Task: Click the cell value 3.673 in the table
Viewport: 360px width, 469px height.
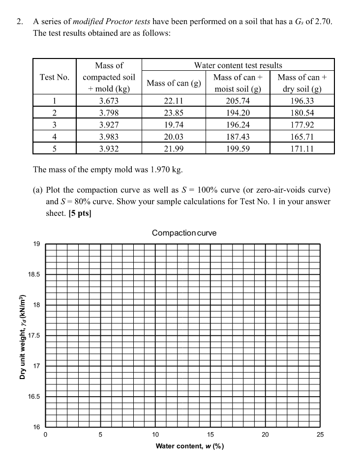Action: coord(109,101)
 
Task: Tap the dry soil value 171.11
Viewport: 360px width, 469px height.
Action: coord(302,148)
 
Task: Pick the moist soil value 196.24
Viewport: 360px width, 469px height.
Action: coord(238,125)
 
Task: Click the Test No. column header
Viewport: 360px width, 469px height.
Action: coord(54,77)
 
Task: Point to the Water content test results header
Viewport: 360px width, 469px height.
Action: coord(238,65)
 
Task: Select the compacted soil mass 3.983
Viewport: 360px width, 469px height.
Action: coord(109,137)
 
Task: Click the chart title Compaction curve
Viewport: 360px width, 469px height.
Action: coord(184,233)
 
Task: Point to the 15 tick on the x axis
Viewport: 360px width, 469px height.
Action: coord(210,435)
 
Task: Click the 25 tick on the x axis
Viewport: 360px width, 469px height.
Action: coord(320,435)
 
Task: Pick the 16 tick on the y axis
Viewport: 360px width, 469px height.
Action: coord(37,427)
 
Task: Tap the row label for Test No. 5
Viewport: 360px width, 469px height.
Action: coord(54,148)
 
